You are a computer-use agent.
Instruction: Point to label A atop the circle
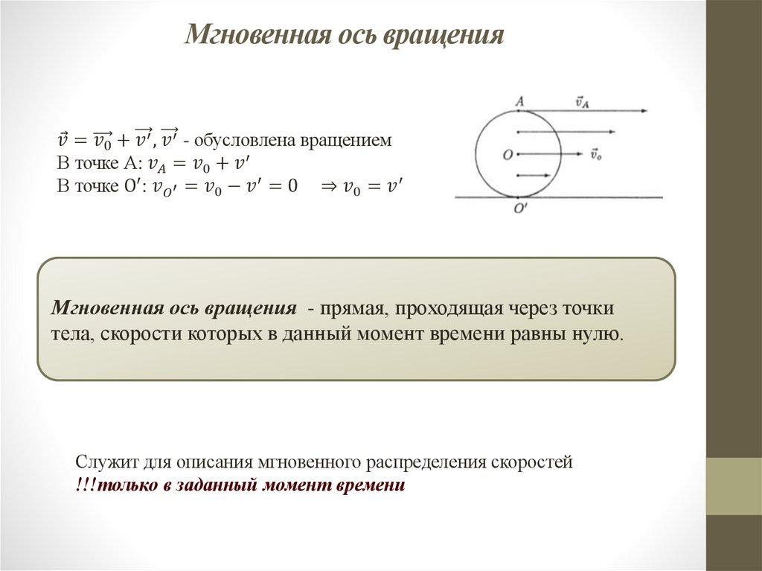519,99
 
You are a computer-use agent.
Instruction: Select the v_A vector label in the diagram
583,101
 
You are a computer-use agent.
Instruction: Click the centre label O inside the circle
508,155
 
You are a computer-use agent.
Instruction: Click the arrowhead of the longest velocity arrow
643,111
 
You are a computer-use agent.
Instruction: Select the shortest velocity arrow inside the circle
532,176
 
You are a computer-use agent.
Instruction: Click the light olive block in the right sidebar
734,486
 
